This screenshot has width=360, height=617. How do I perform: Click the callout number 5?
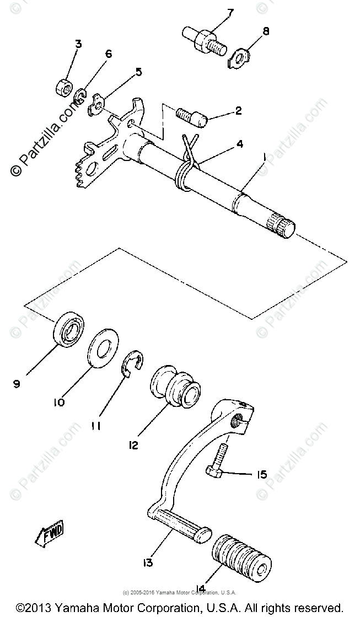click(x=138, y=72)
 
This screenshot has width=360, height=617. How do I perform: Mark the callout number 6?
click(x=108, y=53)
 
